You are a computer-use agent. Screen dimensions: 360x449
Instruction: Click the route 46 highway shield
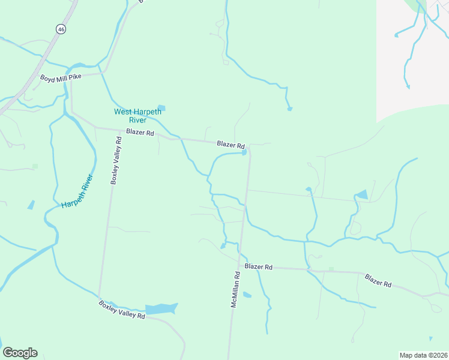(x=61, y=28)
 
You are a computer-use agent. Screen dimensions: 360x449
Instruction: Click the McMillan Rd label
(x=236, y=290)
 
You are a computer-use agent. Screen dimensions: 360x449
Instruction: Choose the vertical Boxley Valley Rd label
(x=115, y=160)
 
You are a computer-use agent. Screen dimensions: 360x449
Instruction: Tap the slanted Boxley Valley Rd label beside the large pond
(x=122, y=310)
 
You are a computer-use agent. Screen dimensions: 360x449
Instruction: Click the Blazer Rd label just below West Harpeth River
(x=140, y=132)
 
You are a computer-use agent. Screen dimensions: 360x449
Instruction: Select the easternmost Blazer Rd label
(x=378, y=280)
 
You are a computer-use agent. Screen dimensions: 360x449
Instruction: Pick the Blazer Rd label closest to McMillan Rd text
(x=259, y=266)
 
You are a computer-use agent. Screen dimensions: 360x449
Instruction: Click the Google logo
(x=20, y=352)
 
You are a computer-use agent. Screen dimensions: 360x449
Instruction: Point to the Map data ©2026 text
(x=423, y=355)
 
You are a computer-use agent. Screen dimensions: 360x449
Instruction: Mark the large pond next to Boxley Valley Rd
(x=161, y=309)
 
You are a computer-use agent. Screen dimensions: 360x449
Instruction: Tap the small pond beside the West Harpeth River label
(x=161, y=108)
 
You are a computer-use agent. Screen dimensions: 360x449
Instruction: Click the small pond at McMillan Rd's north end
(x=244, y=152)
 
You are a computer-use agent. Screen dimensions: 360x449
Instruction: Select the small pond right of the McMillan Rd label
(x=247, y=295)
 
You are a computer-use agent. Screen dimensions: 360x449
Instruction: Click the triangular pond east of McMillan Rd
(x=361, y=194)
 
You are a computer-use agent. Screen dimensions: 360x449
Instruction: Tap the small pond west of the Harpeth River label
(x=31, y=205)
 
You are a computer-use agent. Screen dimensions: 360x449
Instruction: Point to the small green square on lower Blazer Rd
(x=331, y=269)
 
